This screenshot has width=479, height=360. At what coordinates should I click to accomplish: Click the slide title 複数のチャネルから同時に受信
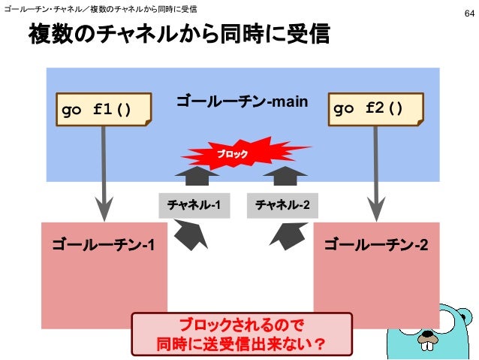pos(179,35)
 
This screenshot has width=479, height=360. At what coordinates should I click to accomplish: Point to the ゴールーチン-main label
pos(241,100)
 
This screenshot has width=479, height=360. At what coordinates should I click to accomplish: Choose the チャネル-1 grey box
pos(194,204)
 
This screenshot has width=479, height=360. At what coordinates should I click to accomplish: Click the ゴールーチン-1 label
pos(104,244)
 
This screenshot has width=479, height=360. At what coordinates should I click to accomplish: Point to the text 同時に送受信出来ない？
pos(240,344)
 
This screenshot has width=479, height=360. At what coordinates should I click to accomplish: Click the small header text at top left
pos(101,9)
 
